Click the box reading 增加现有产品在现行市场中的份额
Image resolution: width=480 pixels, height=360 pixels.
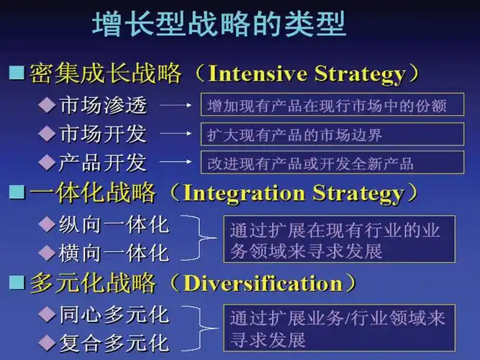(332, 107)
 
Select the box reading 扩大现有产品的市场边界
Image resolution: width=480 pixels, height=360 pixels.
(332, 135)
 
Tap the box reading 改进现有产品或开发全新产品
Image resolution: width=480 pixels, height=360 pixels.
(332, 163)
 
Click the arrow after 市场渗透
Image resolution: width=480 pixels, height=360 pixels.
(175, 107)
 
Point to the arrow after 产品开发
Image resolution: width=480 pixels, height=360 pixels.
(175, 162)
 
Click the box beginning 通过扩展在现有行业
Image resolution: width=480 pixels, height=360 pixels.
(338, 240)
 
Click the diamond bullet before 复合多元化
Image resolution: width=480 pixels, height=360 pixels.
(46, 341)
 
